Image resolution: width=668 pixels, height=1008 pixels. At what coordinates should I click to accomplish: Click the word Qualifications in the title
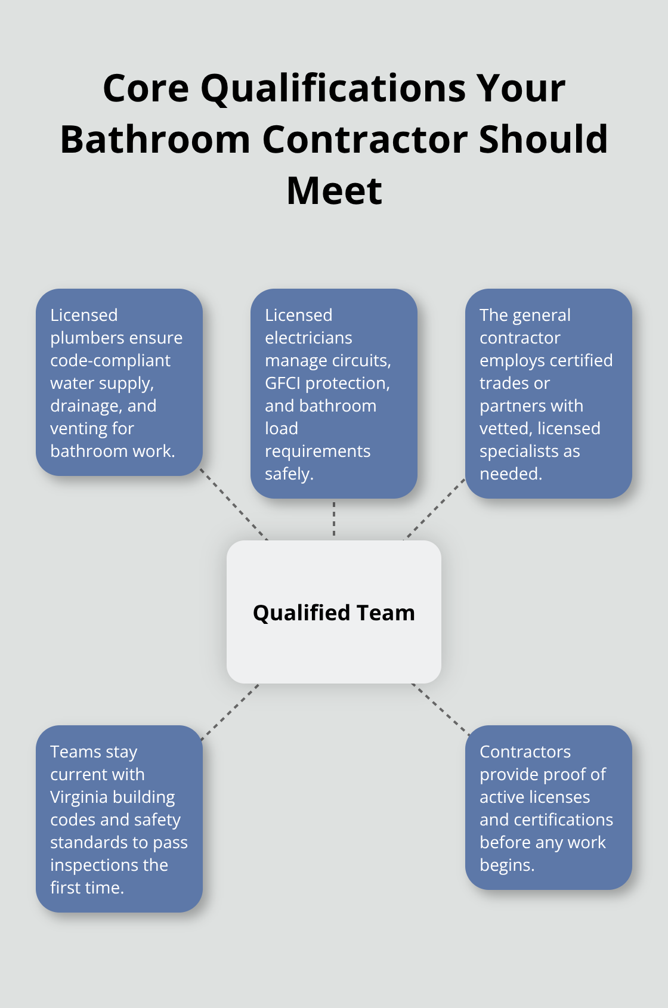(333, 89)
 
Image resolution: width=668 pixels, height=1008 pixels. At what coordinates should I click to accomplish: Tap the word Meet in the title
(334, 191)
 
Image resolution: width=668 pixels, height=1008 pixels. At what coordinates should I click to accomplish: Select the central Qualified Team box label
(334, 613)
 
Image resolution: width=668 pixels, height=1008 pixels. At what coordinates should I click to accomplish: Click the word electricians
(308, 338)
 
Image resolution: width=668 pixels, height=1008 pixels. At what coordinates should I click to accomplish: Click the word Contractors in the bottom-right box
(525, 752)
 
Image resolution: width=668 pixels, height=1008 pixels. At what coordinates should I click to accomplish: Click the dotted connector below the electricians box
(334, 519)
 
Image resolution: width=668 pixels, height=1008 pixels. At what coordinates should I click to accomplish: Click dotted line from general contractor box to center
(435, 508)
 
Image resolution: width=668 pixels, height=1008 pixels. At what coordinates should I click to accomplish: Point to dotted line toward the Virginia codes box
(230, 712)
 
